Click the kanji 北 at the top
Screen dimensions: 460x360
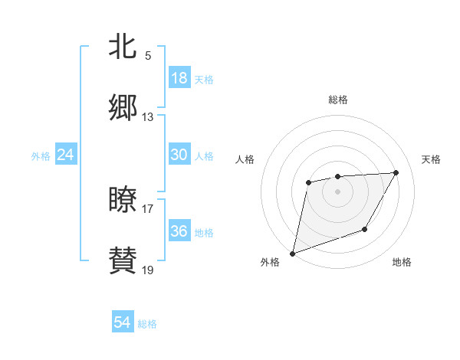click(123, 47)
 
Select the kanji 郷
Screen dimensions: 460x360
click(123, 108)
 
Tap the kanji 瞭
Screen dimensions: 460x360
click(123, 200)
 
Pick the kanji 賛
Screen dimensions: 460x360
click(123, 261)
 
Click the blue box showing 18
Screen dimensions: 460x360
click(179, 78)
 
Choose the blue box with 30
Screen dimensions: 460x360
click(179, 155)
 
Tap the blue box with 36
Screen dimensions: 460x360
click(179, 231)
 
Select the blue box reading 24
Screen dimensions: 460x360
click(65, 155)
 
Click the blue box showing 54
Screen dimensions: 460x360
click(123, 322)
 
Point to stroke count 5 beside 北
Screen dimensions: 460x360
click(148, 56)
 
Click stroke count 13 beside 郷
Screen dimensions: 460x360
click(148, 117)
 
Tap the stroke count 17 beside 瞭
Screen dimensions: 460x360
click(148, 208)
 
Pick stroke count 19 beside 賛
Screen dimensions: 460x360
click(148, 270)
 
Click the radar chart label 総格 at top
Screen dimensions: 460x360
click(338, 100)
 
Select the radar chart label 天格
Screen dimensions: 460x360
click(431, 159)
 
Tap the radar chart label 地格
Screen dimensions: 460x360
click(402, 262)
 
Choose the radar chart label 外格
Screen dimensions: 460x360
click(270, 262)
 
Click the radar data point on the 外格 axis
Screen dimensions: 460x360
click(292, 254)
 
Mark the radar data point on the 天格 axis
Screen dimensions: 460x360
click(396, 172)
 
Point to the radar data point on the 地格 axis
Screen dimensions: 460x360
click(365, 229)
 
